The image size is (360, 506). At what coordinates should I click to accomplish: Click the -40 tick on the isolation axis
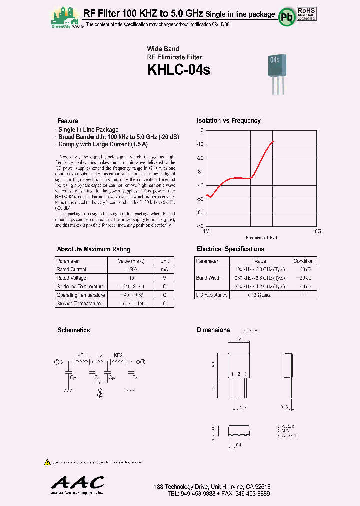[x=200, y=185]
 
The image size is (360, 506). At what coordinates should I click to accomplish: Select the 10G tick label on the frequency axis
[x=316, y=231]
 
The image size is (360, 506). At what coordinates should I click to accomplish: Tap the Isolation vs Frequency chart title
[x=228, y=120]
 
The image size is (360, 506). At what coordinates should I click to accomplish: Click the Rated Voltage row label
[x=71, y=278]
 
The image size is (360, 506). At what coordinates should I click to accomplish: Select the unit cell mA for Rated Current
[x=164, y=269]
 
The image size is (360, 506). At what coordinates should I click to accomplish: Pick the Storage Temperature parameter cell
[x=79, y=303]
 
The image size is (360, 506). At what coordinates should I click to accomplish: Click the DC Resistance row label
[x=212, y=295]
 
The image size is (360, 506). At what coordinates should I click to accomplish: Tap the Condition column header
[x=303, y=261]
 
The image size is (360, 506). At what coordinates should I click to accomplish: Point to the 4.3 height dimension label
[x=213, y=365]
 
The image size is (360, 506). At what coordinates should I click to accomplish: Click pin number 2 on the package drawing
[x=239, y=374]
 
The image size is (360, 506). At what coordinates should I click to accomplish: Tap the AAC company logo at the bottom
[x=78, y=483]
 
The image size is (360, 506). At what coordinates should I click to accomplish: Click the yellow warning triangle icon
[x=47, y=462]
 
